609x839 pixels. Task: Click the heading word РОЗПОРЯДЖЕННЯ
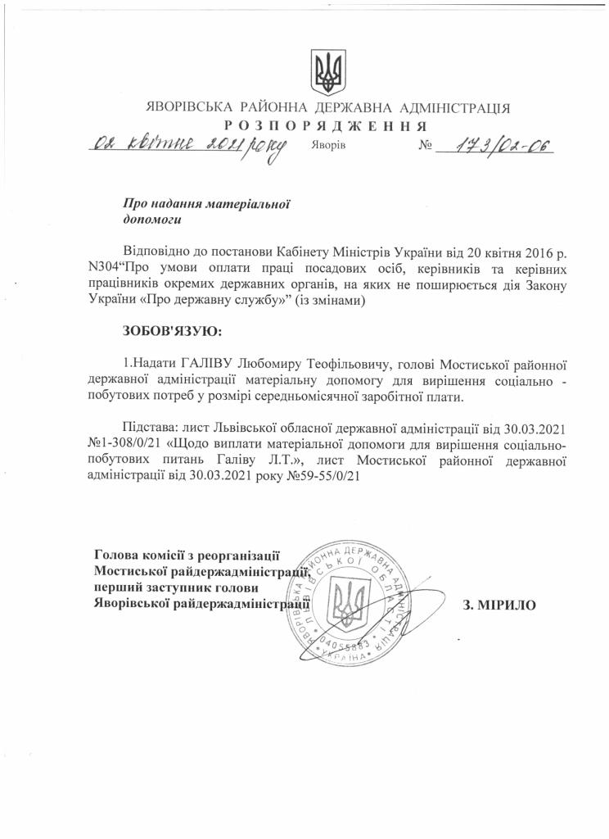tap(327, 126)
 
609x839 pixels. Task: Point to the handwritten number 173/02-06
tap(494, 146)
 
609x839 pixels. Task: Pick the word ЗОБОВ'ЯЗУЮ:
tap(171, 331)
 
